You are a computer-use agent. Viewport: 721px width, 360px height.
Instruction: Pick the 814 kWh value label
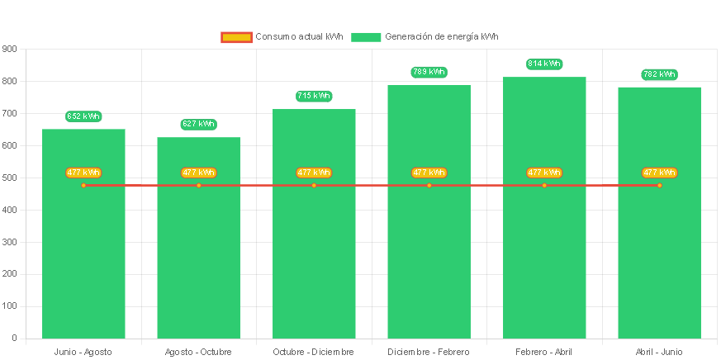(544, 64)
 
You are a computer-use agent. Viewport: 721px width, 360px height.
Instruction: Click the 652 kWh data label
(83, 116)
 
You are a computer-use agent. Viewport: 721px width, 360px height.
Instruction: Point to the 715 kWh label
(314, 96)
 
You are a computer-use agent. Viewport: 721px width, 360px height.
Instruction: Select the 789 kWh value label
(429, 72)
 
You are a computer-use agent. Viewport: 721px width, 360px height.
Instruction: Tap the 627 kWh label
(198, 124)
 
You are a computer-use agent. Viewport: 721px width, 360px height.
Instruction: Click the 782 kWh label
(659, 74)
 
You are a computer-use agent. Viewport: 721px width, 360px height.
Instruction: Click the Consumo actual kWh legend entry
(282, 36)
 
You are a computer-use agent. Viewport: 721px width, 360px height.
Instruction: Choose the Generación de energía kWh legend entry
(425, 36)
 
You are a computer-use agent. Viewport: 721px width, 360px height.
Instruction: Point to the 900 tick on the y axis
(10, 49)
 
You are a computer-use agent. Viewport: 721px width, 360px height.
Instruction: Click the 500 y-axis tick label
(10, 178)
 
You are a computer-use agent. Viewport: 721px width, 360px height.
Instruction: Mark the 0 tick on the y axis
(14, 338)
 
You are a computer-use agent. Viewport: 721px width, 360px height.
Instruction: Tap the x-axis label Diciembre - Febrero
(429, 352)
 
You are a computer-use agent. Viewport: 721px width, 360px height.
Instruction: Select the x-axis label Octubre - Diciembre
(314, 352)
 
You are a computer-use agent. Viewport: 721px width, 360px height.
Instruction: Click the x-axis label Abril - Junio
(659, 352)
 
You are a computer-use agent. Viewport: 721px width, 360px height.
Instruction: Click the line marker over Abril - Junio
(659, 185)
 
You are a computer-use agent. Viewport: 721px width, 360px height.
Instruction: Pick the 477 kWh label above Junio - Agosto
(83, 173)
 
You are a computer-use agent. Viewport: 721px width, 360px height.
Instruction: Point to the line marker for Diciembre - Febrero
(429, 185)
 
